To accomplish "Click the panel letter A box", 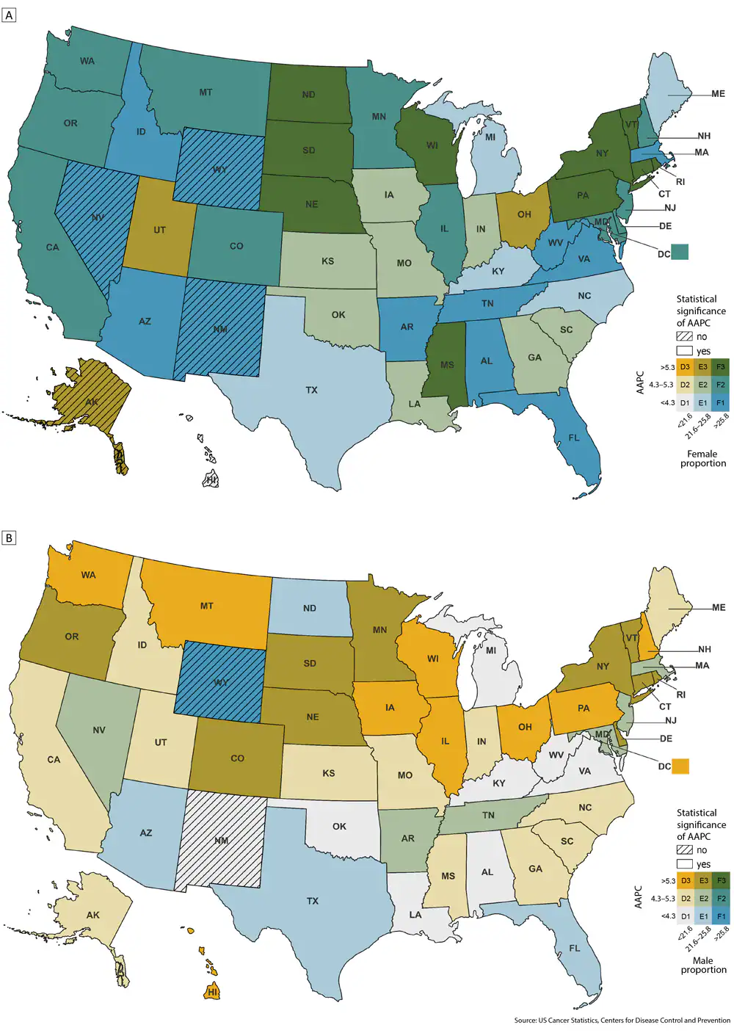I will [x=9, y=15].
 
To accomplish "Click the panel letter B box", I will [x=9, y=538].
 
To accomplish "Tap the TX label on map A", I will [x=312, y=390].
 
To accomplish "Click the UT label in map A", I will [x=159, y=230].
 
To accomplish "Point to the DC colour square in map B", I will [x=680, y=766].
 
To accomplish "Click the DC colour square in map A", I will [x=680, y=252].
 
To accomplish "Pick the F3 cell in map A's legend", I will [x=721, y=366].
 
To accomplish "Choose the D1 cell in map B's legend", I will [x=685, y=916].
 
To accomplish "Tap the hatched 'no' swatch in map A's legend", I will [x=684, y=336].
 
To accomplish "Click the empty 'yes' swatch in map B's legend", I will [x=684, y=864].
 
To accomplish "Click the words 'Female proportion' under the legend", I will [x=702, y=459].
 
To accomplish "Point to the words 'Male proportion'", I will [x=702, y=965].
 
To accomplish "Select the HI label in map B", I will [x=212, y=992].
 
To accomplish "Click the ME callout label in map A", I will [x=718, y=94].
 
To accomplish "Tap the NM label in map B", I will [x=222, y=841].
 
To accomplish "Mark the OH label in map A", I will [x=524, y=214].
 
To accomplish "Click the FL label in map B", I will [x=575, y=948].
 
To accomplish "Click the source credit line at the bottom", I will [x=622, y=1021].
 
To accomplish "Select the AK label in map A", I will [x=92, y=402].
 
